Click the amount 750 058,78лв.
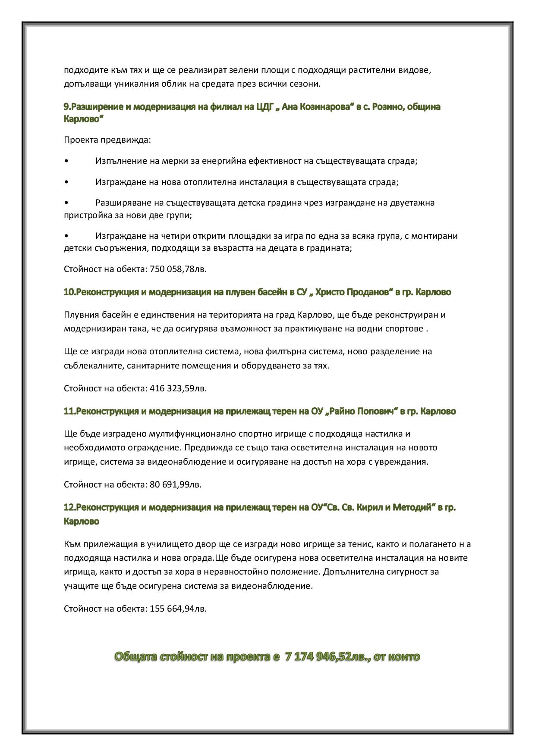(x=178, y=269)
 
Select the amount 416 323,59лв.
(x=178, y=388)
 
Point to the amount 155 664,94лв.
(x=178, y=609)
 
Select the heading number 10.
(x=69, y=292)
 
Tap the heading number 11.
(x=69, y=411)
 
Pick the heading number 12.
(x=69, y=507)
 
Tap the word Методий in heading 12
(x=412, y=507)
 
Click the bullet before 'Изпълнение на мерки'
(x=66, y=161)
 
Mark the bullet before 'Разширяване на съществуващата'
(x=66, y=203)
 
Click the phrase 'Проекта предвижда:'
(x=107, y=140)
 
